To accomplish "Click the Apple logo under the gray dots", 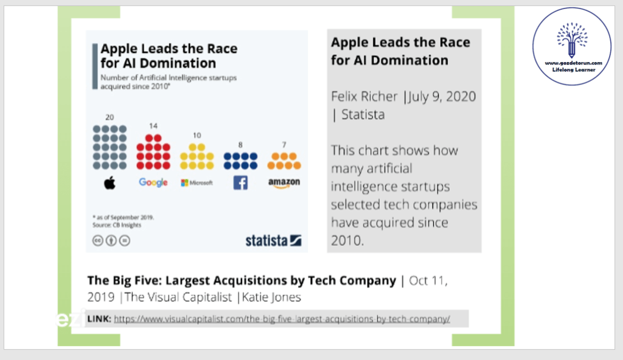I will coord(110,182).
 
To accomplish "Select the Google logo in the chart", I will coord(153,182).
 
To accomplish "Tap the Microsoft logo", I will coord(197,182).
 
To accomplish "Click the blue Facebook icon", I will coord(240,182).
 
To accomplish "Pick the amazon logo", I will coord(284,182).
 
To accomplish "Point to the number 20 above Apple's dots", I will coord(110,117).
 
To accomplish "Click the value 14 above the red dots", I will coord(153,126).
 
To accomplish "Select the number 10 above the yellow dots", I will coord(197,135).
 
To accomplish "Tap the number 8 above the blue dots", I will coord(240,144).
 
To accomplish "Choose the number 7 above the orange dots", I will coord(284,144).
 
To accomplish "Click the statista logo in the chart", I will coord(273,240).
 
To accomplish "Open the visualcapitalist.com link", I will coord(282,319).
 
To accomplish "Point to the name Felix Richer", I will coord(364,97).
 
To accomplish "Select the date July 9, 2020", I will coord(442,97).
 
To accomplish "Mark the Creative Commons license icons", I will coord(111,240).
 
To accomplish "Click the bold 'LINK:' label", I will coord(99,319).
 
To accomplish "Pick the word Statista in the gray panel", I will coord(363,114).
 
